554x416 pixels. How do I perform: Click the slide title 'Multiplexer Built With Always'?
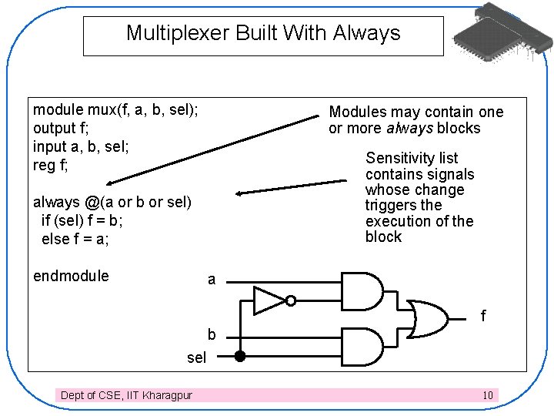tap(263, 33)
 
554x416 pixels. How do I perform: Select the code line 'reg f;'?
tap(51, 165)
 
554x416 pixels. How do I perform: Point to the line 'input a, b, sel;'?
tap(81, 146)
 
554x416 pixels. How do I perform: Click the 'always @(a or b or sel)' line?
tap(112, 202)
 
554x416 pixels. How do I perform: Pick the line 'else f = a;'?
tap(75, 239)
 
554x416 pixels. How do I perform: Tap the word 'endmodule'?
tap(71, 276)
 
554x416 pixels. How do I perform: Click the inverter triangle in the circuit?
tap(270, 300)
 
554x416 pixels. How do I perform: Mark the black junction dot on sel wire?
tap(240, 356)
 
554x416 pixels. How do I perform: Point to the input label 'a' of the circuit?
tap(212, 280)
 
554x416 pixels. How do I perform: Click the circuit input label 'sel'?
tap(197, 357)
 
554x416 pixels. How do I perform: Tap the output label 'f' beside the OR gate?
tap(483, 316)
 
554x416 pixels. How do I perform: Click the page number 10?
tap(488, 395)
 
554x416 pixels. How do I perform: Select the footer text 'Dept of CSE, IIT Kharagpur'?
tap(127, 395)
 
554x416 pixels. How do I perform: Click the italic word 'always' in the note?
tap(409, 128)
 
